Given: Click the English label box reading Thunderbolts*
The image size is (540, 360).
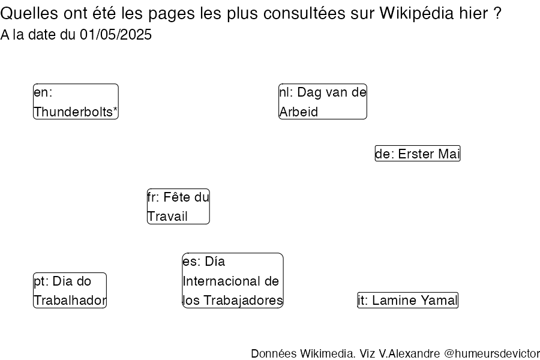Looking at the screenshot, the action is tap(76, 101).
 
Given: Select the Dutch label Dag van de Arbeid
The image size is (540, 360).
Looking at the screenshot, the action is tap(323, 101).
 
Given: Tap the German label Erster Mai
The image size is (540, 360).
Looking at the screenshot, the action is tap(418, 154).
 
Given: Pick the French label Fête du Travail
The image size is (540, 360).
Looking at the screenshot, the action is tap(178, 206).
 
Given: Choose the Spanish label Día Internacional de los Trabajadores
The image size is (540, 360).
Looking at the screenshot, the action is tap(233, 280).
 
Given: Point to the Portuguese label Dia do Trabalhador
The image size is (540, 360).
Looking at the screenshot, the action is tap(70, 290).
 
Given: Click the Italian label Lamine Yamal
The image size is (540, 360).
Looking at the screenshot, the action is tap(408, 300).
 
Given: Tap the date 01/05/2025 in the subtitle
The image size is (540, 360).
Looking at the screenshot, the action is tap(116, 35).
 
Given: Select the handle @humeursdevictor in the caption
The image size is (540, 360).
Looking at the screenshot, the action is tap(492, 353).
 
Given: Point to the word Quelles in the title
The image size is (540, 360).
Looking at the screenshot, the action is tap(29, 13).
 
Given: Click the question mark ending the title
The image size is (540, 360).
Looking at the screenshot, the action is tap(497, 13).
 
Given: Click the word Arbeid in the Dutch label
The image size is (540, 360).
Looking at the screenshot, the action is tap(299, 112).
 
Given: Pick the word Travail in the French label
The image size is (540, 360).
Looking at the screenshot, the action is tap(167, 217).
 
